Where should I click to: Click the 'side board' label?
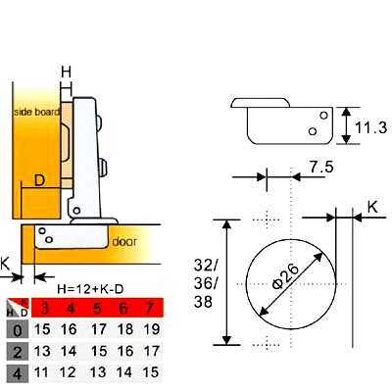point(37,112)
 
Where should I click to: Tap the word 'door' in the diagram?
point(124,242)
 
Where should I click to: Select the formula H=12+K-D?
point(90,289)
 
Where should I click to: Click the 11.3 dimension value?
point(370,127)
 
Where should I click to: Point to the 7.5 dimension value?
point(321,168)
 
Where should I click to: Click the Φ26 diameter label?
point(285,276)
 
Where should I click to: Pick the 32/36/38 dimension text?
point(205,283)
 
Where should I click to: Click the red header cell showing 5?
point(97,308)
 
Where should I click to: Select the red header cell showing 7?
point(149,308)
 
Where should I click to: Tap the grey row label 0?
point(18,330)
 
